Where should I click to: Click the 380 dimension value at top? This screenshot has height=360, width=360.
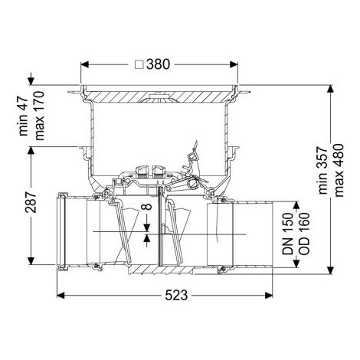(x=158, y=64)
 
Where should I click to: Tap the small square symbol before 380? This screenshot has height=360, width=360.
(x=139, y=64)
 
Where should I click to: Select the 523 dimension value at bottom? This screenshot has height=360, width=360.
(x=176, y=296)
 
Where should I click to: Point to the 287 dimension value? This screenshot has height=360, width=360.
(x=31, y=201)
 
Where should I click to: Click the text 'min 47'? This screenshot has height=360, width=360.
(x=23, y=116)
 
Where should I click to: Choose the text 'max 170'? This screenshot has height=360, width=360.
(x=39, y=116)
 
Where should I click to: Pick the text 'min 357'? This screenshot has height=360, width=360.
(x=323, y=171)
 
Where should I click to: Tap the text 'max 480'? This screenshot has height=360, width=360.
(x=339, y=171)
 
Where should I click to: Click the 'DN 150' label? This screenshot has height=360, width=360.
(x=288, y=234)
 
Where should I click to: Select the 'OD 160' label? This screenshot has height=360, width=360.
(x=304, y=234)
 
